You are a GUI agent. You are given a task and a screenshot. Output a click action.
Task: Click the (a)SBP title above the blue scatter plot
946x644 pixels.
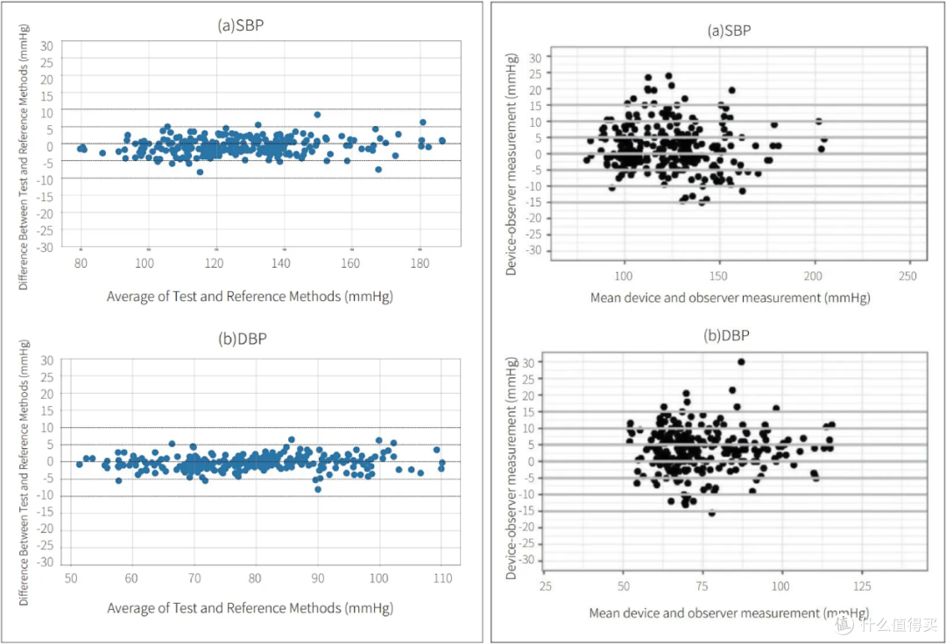pos(241,25)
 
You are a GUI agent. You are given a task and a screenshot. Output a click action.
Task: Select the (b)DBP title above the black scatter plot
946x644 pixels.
pos(726,335)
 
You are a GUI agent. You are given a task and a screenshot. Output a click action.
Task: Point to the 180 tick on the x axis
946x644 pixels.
pos(420,263)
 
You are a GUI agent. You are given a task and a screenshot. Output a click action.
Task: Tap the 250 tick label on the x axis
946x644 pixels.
pos(907,276)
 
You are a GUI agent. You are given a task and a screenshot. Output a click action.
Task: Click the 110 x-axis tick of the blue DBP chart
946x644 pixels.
pos(443,578)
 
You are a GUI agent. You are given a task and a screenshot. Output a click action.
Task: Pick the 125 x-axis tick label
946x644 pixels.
pos(862,586)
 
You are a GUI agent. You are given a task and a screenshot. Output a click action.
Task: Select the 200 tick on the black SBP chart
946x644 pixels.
pos(813,276)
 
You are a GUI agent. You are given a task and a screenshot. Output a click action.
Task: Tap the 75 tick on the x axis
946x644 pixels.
pos(702,586)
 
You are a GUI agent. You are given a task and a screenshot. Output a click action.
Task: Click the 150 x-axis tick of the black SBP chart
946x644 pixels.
pos(718,276)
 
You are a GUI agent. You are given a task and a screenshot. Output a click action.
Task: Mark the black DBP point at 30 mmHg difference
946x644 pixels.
pos(742,361)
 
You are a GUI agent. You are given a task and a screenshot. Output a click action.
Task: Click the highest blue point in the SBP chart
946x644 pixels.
pos(317,115)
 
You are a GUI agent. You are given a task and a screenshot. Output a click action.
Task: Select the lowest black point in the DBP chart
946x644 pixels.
pos(712,514)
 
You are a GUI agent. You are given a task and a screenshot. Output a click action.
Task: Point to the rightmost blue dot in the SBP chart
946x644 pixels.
pos(442,140)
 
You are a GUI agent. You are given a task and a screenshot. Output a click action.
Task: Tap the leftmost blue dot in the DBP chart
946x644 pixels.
pos(79,465)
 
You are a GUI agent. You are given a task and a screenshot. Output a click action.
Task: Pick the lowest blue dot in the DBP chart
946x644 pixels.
pos(318,489)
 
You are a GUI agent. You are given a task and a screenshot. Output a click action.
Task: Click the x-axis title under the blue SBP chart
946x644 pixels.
pos(250,297)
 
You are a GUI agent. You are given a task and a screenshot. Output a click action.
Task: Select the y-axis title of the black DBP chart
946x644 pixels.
pos(511,468)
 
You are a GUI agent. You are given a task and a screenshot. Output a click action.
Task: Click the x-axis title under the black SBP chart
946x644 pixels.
pos(730,297)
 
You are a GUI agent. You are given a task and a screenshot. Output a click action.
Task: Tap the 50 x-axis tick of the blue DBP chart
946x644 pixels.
pos(71,578)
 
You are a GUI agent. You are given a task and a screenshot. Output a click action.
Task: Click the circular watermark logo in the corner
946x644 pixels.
pos(844,625)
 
